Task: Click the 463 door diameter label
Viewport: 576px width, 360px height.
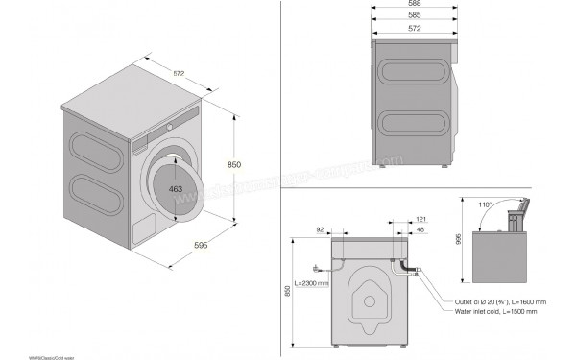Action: pyautogui.click(x=176, y=190)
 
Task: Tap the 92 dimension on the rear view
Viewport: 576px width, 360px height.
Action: pyautogui.click(x=320, y=229)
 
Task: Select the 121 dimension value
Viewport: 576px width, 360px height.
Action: pyautogui.click(x=409, y=221)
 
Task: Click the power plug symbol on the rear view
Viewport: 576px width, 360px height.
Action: pyautogui.click(x=315, y=269)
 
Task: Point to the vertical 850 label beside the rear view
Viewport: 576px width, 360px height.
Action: pyautogui.click(x=289, y=291)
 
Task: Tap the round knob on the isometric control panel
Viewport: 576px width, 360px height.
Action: pyautogui.click(x=169, y=126)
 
